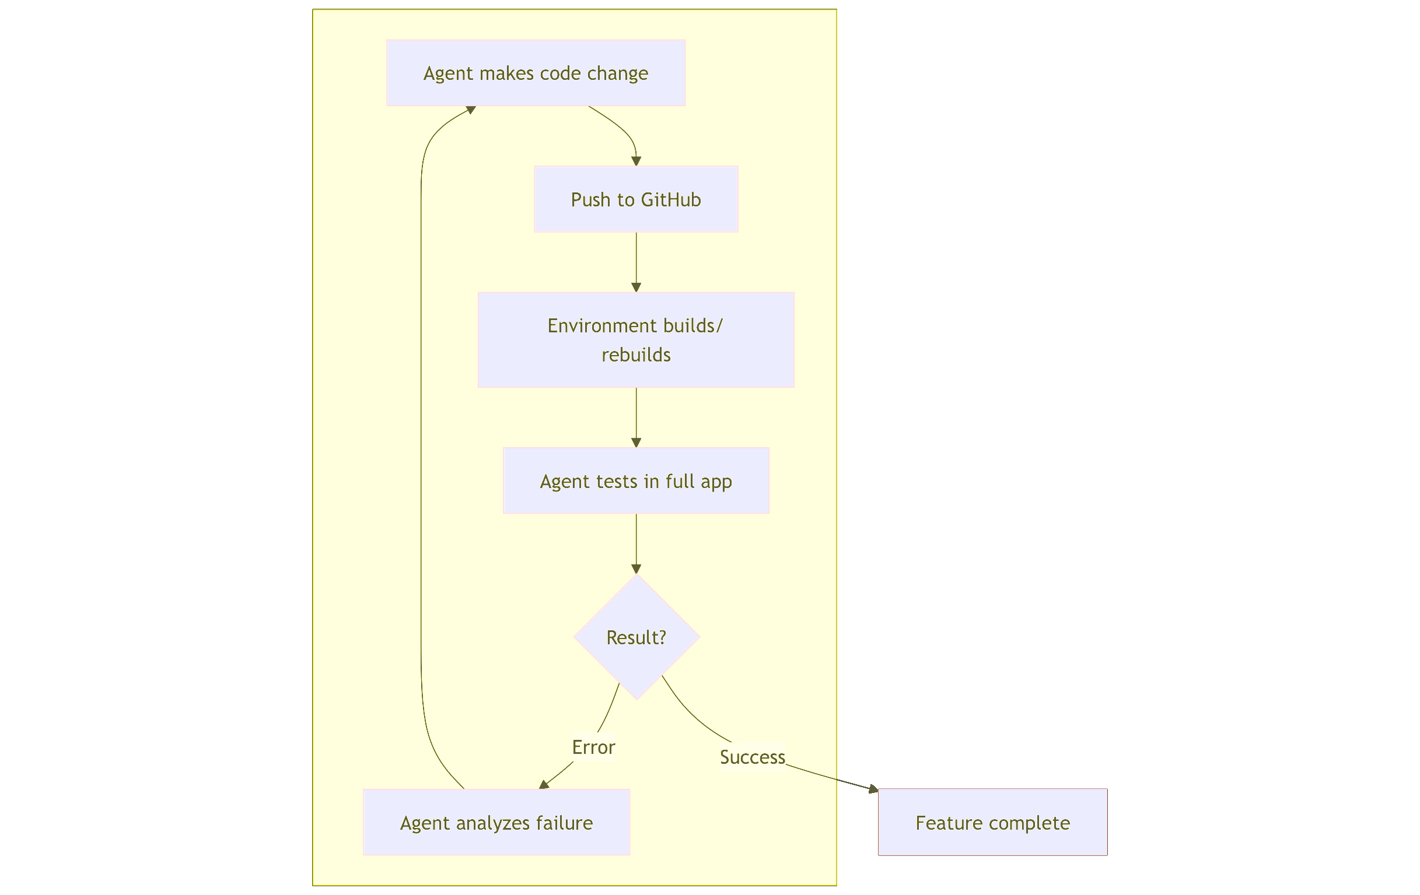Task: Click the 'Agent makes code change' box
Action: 536,73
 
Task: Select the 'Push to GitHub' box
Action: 636,199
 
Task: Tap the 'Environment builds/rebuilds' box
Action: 636,340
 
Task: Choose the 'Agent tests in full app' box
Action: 636,481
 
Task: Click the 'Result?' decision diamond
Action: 636,637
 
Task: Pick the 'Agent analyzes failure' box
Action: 496,822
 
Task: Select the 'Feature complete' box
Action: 992,822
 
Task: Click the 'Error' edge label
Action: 593,747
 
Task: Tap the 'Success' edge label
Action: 752,757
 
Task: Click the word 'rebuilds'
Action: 636,355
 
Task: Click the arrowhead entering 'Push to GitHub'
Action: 636,161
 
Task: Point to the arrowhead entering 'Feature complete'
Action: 873,789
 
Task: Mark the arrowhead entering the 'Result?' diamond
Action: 636,568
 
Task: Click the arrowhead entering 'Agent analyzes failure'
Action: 544,784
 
